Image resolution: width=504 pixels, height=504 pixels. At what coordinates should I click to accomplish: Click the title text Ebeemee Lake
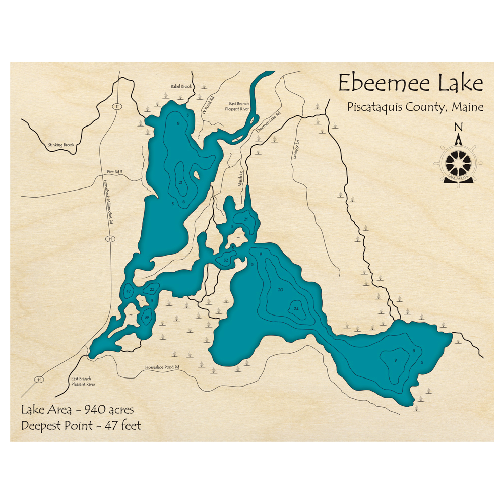tap(410, 83)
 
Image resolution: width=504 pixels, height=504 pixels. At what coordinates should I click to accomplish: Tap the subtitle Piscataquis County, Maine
tap(415, 107)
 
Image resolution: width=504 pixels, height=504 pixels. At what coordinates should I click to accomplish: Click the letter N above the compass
tap(458, 127)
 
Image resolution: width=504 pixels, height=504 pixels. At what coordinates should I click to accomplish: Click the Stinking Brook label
tap(61, 145)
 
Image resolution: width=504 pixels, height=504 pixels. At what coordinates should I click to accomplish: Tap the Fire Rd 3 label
tap(115, 172)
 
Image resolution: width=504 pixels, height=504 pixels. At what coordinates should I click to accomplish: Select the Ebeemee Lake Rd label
tap(268, 122)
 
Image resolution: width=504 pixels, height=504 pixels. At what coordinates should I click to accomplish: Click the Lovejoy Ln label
tap(298, 149)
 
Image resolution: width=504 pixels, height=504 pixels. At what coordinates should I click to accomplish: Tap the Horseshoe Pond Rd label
tap(162, 367)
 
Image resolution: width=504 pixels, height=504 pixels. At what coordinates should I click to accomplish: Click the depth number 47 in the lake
tap(129, 292)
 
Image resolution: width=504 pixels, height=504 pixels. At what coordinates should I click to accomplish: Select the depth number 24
tap(296, 309)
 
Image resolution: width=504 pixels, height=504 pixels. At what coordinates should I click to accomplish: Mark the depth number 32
tap(226, 260)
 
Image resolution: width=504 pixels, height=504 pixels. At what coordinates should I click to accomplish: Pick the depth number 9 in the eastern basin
tap(396, 360)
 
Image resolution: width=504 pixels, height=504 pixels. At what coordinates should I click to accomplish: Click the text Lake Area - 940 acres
tap(77, 410)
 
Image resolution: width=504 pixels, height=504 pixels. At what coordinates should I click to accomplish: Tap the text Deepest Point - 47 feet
tap(81, 426)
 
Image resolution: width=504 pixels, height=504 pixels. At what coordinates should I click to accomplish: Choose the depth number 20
tap(280, 290)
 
